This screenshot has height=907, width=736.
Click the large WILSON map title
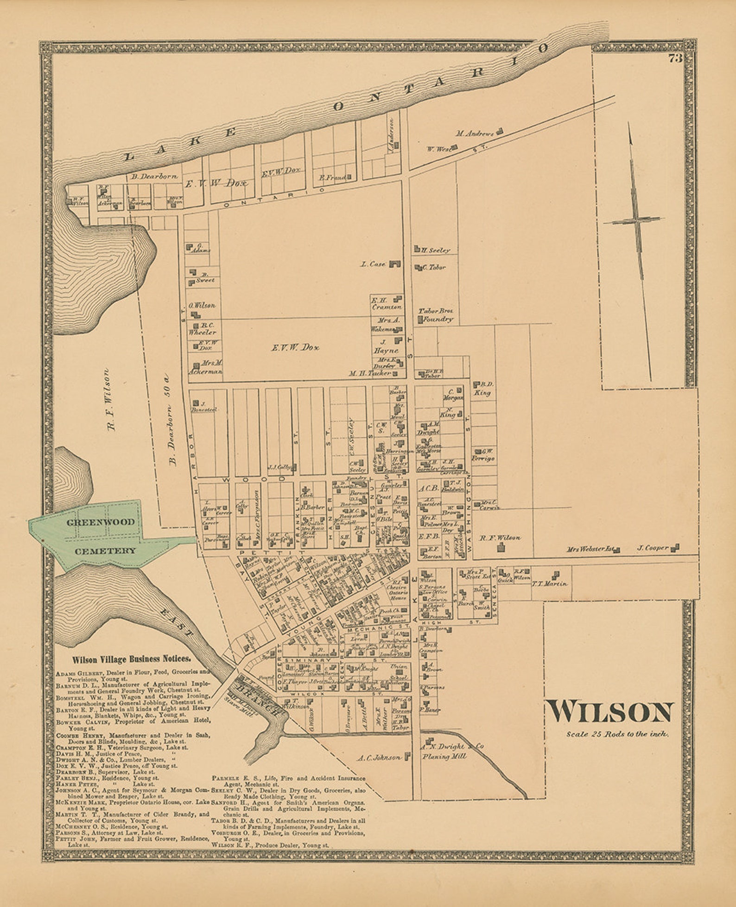(610, 712)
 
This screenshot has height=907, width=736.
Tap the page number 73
(675, 58)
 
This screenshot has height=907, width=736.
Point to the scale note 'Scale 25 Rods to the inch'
(617, 734)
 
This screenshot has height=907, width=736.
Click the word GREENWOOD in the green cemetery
(100, 522)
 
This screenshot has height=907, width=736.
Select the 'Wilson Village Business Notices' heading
(131, 658)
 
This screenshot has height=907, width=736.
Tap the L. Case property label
(373, 264)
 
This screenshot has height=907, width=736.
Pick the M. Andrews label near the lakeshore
(474, 134)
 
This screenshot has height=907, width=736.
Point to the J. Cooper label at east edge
(653, 548)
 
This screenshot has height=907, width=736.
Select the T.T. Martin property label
(550, 584)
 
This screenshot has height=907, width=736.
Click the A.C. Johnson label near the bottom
(379, 758)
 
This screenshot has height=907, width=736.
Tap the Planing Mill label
(443, 757)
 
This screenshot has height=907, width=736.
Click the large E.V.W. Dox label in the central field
(295, 347)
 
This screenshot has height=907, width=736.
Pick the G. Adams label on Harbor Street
(201, 248)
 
